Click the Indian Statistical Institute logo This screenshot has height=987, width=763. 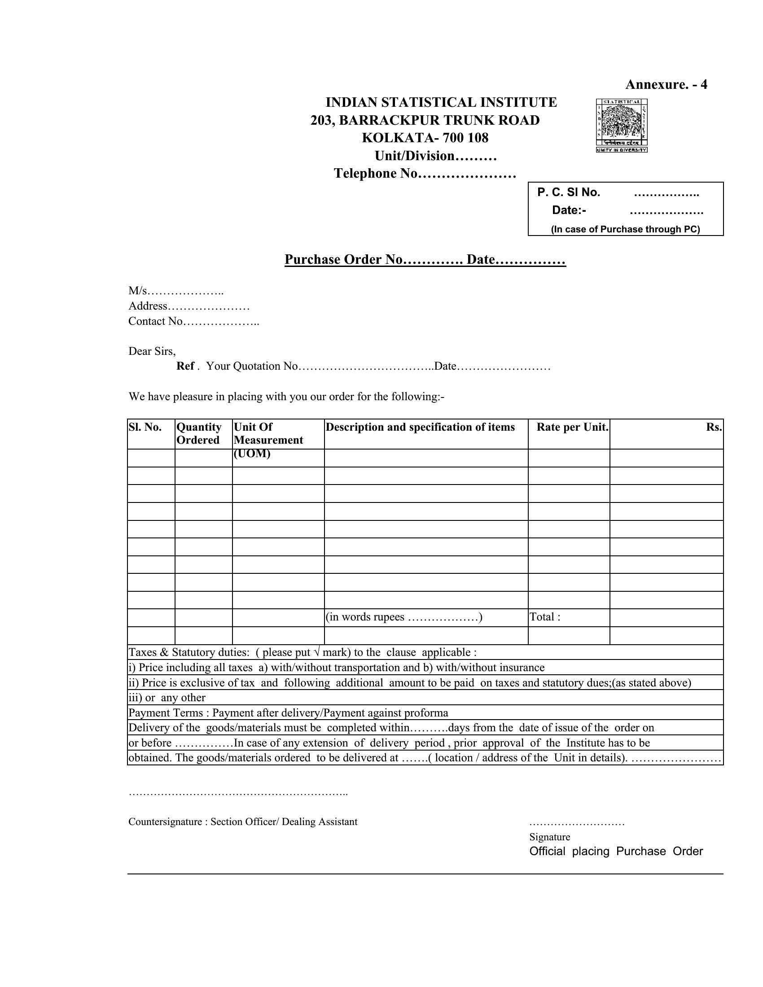point(622,125)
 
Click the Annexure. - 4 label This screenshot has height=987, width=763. point(666,84)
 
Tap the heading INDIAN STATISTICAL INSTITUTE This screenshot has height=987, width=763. point(441,103)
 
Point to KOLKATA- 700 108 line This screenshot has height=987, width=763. point(425,138)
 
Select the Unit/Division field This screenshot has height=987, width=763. point(435,156)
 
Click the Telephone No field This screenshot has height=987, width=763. point(425,174)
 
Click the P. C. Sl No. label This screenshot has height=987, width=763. point(568,192)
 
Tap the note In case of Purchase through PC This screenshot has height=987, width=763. point(625,229)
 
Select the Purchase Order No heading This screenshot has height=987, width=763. point(425,259)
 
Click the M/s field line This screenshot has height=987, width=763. point(176,291)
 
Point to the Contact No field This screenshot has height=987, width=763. point(193,321)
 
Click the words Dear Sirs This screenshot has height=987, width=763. point(152,351)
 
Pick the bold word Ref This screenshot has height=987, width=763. point(185,366)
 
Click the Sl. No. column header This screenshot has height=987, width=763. point(145,428)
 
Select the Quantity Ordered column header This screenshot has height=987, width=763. point(199,433)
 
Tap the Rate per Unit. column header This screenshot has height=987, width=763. point(572,428)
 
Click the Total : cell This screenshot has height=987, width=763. point(545,617)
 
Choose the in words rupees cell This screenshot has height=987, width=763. point(403,617)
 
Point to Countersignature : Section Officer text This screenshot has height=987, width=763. point(243,821)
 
